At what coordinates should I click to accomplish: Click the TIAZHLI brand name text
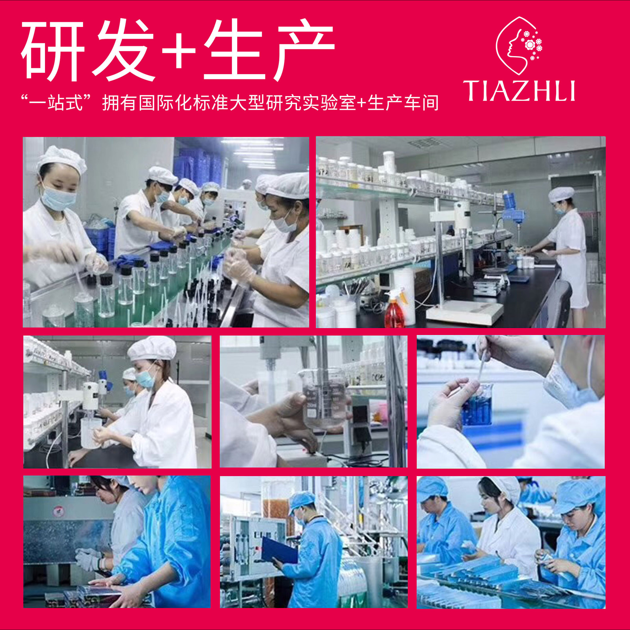(519, 91)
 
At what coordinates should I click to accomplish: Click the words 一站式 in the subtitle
(56, 103)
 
